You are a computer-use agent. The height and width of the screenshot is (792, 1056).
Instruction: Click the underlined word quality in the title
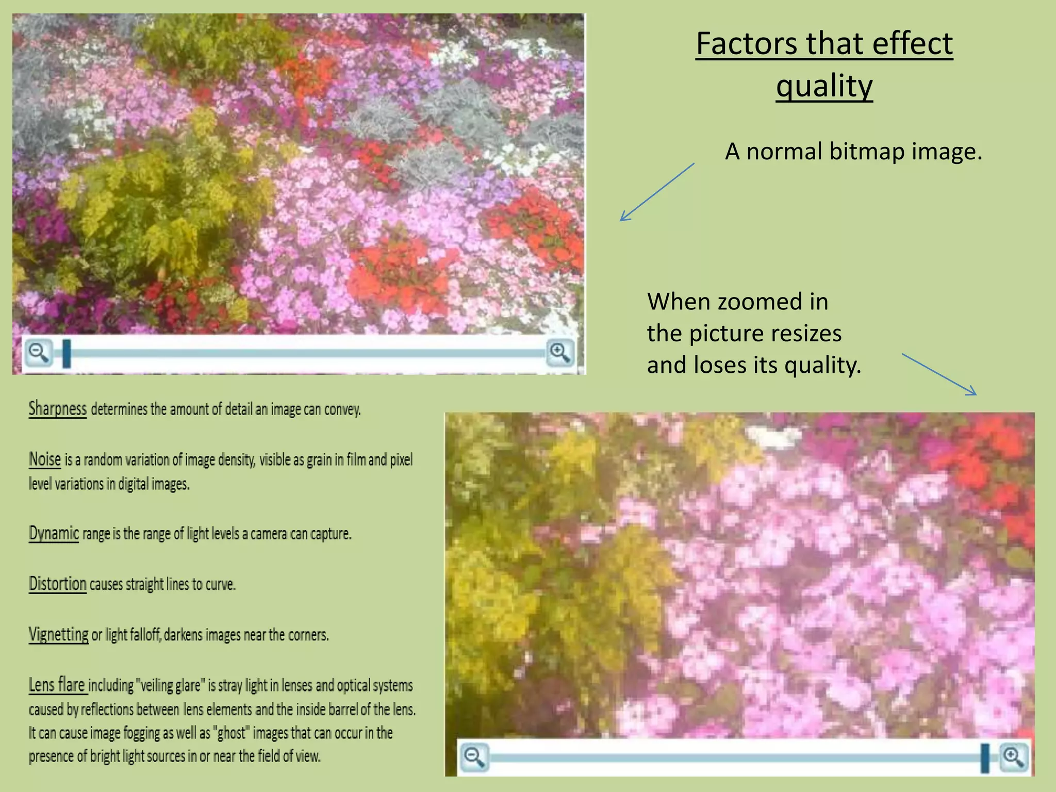pyautogui.click(x=824, y=86)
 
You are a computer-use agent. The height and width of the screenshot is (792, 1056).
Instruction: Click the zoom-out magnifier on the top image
pyautogui.click(x=39, y=353)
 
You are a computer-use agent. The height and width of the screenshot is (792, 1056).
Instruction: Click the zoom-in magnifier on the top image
pyautogui.click(x=559, y=353)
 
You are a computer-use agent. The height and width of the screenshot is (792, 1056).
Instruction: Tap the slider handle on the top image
pyautogui.click(x=67, y=353)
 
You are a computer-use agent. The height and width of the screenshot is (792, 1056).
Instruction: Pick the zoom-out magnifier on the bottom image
pyautogui.click(x=474, y=757)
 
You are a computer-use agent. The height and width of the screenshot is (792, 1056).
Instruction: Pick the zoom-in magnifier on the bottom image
pyautogui.click(x=1013, y=757)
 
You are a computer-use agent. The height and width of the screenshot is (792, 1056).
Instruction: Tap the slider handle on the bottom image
pyautogui.click(x=985, y=757)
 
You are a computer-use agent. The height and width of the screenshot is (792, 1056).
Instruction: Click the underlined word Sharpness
pyautogui.click(x=57, y=408)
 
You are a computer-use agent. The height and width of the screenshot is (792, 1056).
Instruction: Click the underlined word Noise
pyautogui.click(x=45, y=459)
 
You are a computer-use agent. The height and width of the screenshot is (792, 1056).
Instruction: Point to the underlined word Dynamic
pyautogui.click(x=54, y=533)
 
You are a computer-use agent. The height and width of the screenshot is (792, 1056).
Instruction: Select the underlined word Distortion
pyautogui.click(x=57, y=584)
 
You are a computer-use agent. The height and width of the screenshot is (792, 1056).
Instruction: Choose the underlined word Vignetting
pyautogui.click(x=58, y=634)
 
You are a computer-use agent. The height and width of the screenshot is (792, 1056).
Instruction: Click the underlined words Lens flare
pyautogui.click(x=57, y=685)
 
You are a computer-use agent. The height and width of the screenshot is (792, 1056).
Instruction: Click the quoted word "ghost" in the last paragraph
pyautogui.click(x=232, y=733)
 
